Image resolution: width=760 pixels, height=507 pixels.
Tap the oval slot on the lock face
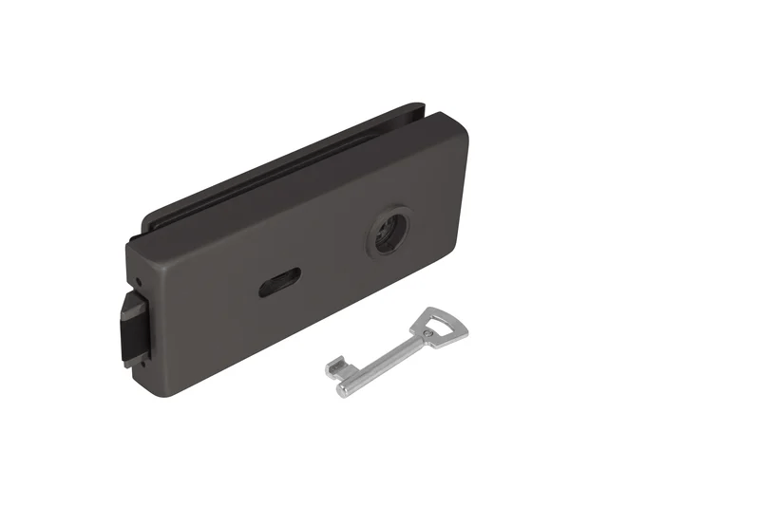(x=280, y=281)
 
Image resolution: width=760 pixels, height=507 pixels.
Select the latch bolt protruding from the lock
(x=131, y=329)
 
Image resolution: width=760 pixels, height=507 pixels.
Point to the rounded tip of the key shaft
(x=344, y=387)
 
